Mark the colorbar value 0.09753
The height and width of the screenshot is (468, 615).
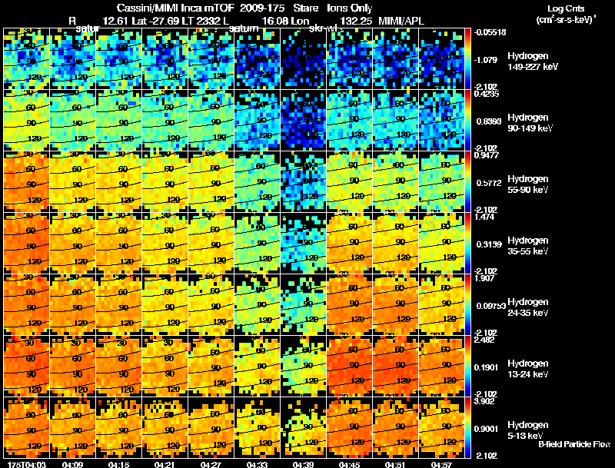coord(490,305)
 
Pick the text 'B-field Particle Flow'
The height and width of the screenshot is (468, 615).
coord(574,445)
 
